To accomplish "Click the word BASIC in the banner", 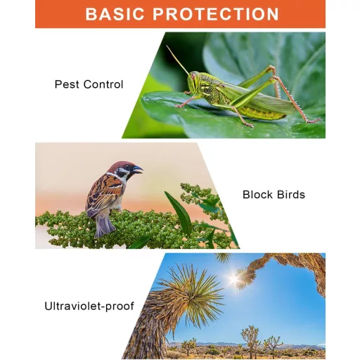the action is click(x=115, y=14).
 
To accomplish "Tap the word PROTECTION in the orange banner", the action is click(x=216, y=14).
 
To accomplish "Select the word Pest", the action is click(x=67, y=84).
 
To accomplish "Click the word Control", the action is click(x=103, y=84).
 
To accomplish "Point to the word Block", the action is click(x=257, y=195).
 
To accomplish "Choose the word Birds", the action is click(x=291, y=195).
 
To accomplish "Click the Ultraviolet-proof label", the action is click(x=89, y=306).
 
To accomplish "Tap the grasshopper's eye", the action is click(x=193, y=77).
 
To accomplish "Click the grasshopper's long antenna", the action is click(x=177, y=59).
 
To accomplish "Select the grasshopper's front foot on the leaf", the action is click(x=180, y=106).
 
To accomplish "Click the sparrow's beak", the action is click(x=137, y=169).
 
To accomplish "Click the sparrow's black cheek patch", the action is click(x=121, y=174).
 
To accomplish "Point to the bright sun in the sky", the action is click(x=233, y=279).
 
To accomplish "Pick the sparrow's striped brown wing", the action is click(x=103, y=195).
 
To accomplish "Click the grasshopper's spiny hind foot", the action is click(x=314, y=121).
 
